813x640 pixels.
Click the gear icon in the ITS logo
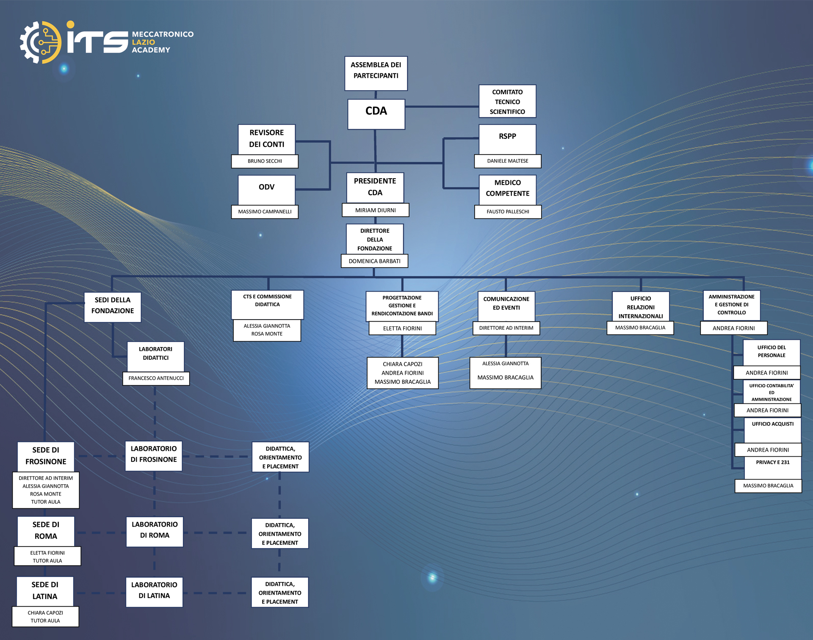click(x=41, y=42)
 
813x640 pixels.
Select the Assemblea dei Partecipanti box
click(x=376, y=74)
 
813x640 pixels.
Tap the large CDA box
click(x=376, y=114)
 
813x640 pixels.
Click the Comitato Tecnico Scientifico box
click(x=507, y=101)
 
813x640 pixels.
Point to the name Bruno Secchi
click(x=265, y=161)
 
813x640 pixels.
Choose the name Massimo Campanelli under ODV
click(x=265, y=212)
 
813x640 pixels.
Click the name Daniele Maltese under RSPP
click(x=508, y=161)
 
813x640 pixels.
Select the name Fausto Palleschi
click(x=508, y=212)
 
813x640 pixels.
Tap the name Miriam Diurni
click(x=376, y=210)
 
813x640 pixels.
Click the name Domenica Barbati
click(x=375, y=261)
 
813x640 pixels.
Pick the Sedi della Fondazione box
click(x=113, y=307)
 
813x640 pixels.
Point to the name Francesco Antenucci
click(x=156, y=378)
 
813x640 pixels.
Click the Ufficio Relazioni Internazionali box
click(x=641, y=306)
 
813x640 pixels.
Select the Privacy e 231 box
click(x=773, y=468)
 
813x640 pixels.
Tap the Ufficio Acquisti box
click(x=773, y=430)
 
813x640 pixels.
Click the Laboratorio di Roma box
click(x=155, y=532)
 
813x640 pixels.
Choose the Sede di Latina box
click(x=45, y=591)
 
